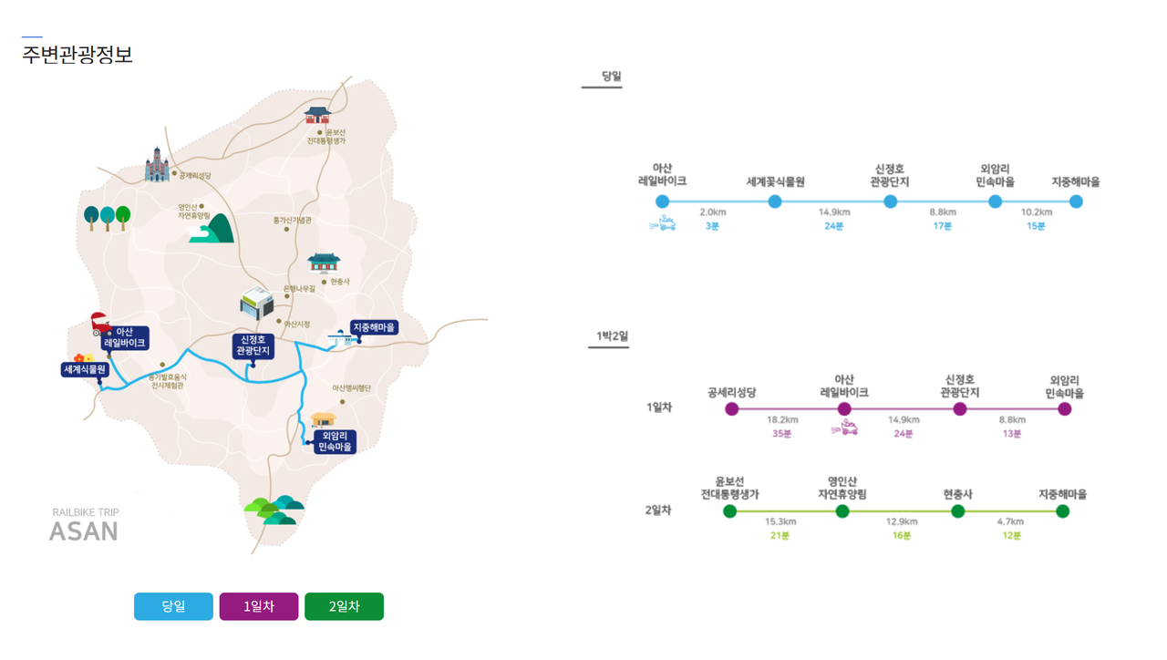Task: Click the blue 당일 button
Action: click(173, 606)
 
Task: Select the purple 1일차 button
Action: click(259, 606)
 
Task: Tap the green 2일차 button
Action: click(344, 606)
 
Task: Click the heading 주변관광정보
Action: click(77, 55)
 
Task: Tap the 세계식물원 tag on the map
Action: click(85, 369)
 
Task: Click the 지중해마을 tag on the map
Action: click(375, 327)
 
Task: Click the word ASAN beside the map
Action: click(83, 531)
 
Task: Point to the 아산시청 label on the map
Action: click(297, 324)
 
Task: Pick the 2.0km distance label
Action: click(712, 212)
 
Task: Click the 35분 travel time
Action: click(781, 434)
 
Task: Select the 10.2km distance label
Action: click(1036, 212)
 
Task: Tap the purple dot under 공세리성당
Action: click(731, 409)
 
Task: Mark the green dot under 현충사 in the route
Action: click(957, 511)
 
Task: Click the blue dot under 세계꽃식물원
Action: click(775, 201)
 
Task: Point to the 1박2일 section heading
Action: click(612, 336)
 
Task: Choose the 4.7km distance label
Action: click(1010, 521)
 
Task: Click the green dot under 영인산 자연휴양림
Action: click(842, 511)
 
